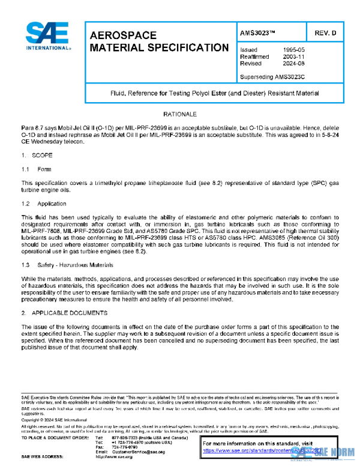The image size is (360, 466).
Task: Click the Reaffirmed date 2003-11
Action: (294, 56)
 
